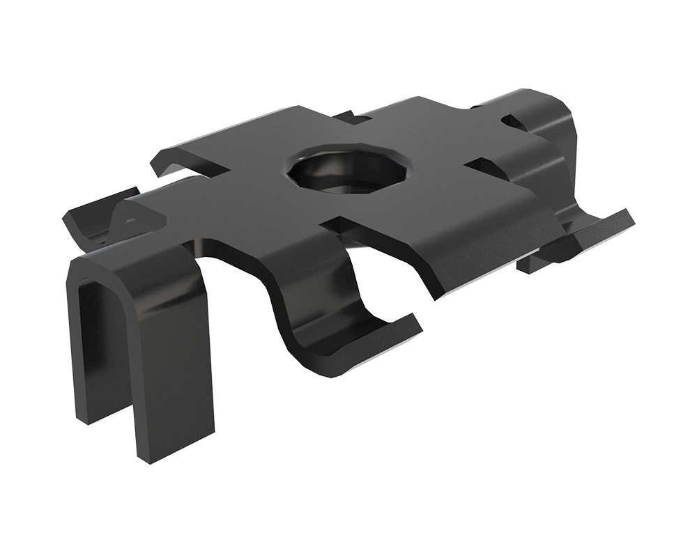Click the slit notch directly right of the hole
(x=481, y=164)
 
